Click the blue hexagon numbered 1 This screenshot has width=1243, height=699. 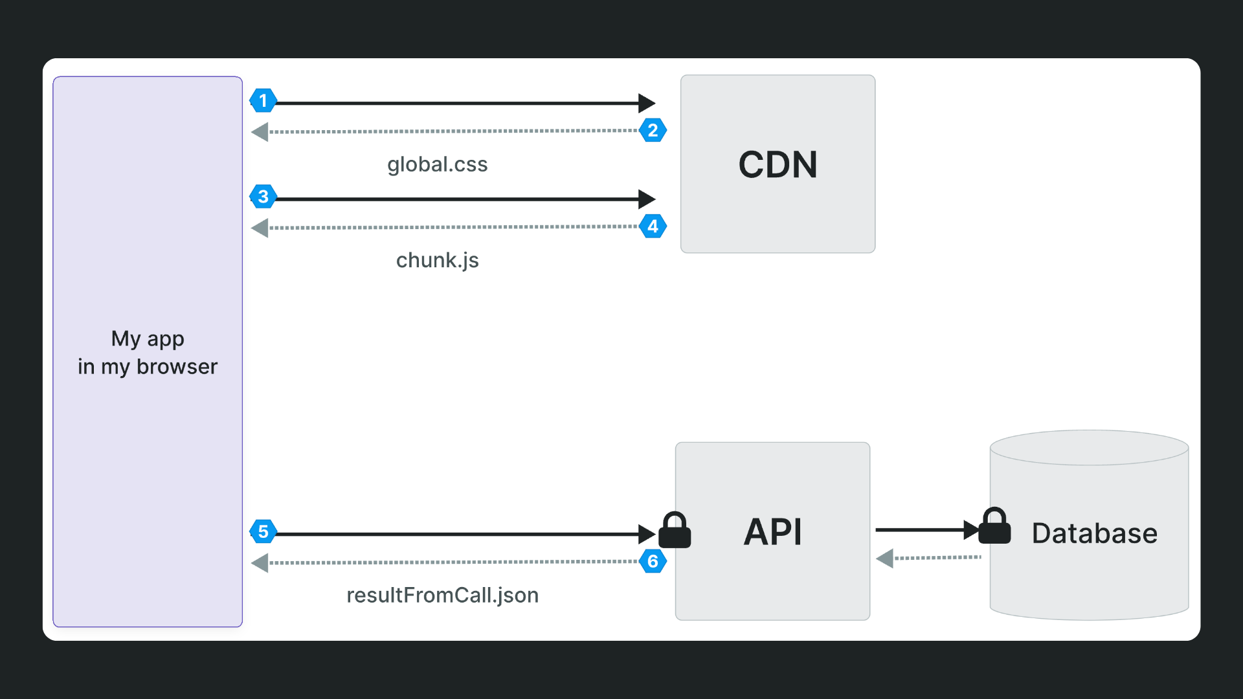tap(263, 101)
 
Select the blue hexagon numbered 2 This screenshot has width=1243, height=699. tap(653, 131)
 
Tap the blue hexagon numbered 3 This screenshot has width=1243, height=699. tap(263, 197)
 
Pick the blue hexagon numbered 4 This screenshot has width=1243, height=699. tap(653, 227)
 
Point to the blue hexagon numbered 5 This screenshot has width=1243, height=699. tap(263, 532)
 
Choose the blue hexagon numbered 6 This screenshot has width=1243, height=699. tap(653, 562)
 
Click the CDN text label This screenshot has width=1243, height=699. tap(778, 164)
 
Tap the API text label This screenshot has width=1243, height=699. tap(772, 532)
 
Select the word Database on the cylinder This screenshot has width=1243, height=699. tap(1094, 533)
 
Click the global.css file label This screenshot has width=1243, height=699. tap(437, 164)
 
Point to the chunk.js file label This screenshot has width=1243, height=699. tap(437, 260)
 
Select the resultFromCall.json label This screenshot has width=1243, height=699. tap(442, 595)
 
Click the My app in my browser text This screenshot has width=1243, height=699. tap(148, 353)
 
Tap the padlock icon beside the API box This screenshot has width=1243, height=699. tap(675, 531)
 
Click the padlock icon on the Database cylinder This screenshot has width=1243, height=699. tap(994, 526)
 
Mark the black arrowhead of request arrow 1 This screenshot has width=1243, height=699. tap(646, 103)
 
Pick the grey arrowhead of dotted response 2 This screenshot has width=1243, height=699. tap(260, 132)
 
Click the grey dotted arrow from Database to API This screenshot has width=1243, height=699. tap(932, 557)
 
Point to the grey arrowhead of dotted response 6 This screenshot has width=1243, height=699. tap(260, 563)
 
